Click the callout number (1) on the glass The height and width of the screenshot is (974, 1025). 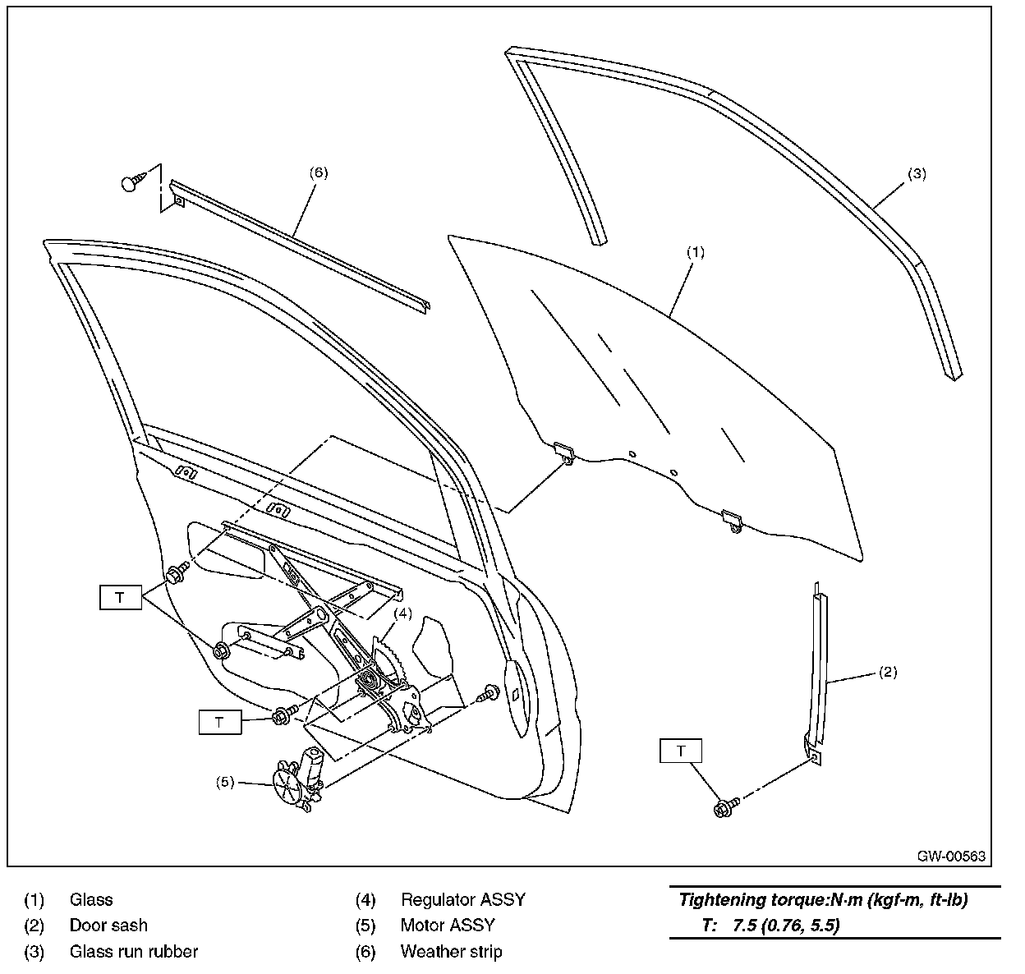tap(695, 253)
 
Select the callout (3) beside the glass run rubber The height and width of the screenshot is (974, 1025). tap(917, 174)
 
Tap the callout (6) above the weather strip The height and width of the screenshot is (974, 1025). tap(319, 172)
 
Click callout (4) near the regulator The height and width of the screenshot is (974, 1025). tap(402, 613)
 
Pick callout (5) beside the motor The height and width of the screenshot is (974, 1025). tap(226, 782)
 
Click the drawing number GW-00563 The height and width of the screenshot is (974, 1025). tap(951, 856)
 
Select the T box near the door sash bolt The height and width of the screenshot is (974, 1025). tap(681, 751)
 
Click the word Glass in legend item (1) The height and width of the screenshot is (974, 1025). tap(91, 900)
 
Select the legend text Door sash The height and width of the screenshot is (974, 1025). tap(108, 926)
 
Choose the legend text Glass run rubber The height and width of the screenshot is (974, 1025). tap(133, 952)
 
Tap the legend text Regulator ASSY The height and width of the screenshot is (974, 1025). tap(462, 900)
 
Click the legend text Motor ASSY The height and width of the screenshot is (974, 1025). tap(448, 926)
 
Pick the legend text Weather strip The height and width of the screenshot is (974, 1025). tap(451, 952)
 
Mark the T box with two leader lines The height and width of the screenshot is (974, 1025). tap(121, 597)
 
